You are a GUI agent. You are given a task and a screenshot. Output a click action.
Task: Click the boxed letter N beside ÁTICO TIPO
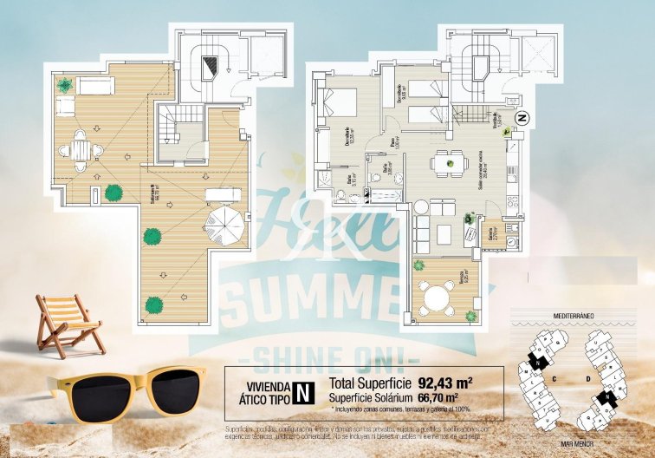click(x=303, y=391)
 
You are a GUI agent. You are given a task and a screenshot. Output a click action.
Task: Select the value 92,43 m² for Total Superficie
click(x=444, y=382)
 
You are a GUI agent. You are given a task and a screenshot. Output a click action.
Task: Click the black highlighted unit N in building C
click(x=539, y=363)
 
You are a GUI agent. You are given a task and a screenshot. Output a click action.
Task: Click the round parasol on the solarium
click(x=225, y=225)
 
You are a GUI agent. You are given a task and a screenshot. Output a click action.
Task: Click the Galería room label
click(x=491, y=235)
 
